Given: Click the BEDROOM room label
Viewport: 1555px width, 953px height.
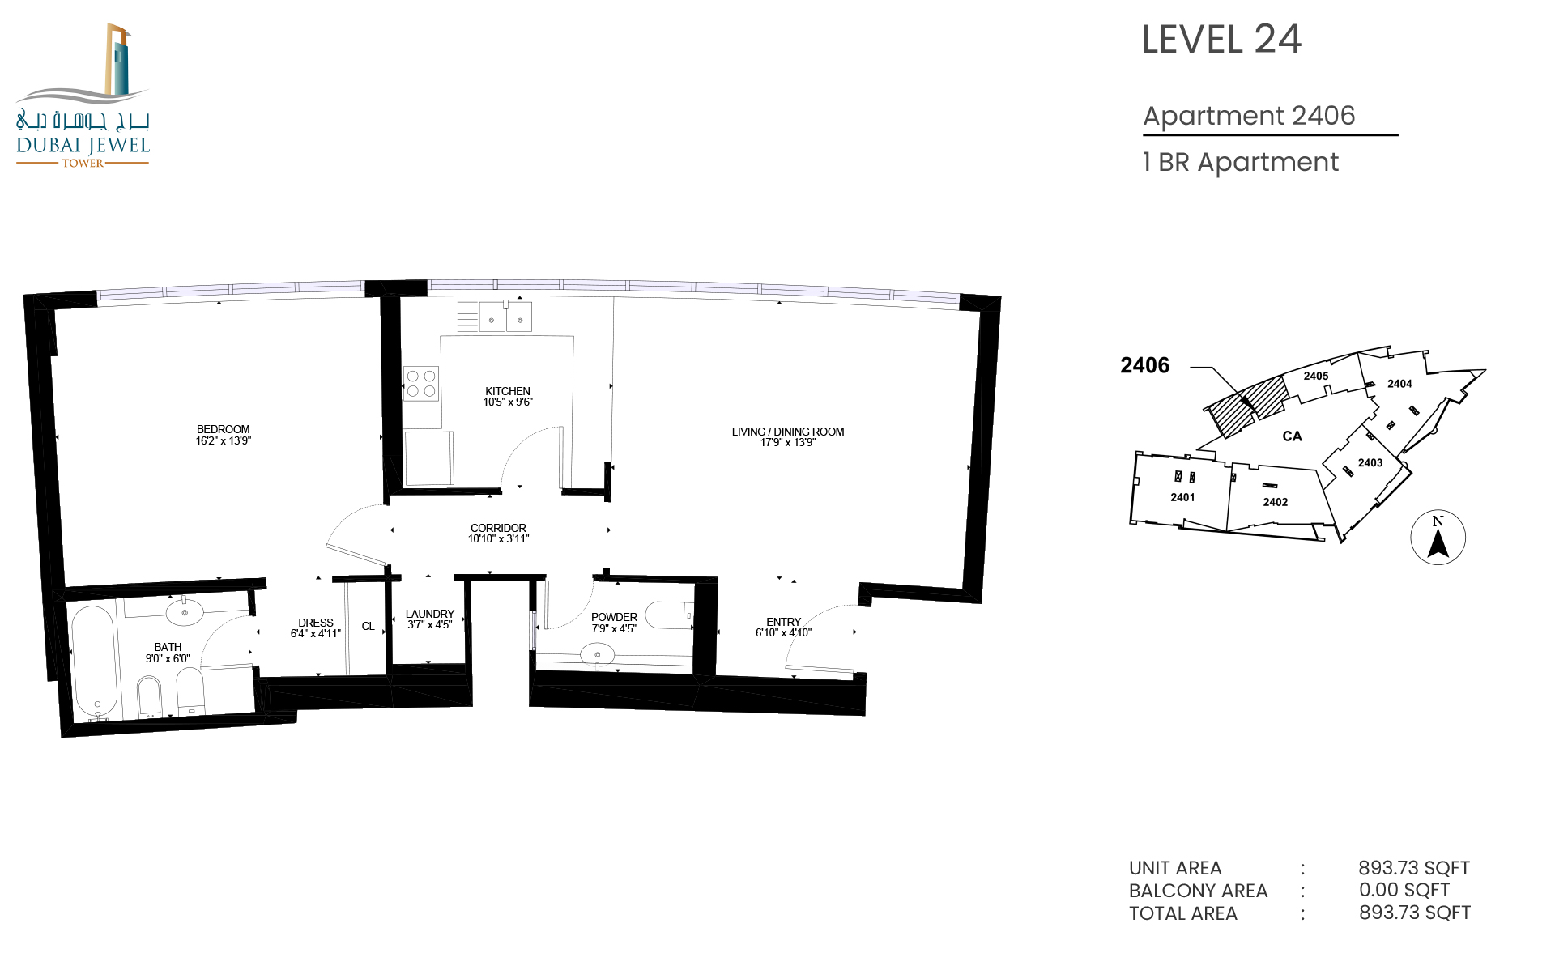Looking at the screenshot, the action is (x=223, y=429).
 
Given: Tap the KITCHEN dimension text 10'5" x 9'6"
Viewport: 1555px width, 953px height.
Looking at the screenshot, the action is (x=508, y=402).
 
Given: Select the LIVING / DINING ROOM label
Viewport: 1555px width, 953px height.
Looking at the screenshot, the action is (x=787, y=432).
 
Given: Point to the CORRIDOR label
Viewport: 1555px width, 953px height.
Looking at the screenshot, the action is (x=498, y=528).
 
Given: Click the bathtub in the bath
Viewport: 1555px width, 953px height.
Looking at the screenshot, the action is (x=93, y=662).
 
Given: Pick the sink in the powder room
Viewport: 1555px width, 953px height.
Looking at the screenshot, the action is (x=598, y=654).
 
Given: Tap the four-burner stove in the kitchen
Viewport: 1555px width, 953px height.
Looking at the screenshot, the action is (x=421, y=384).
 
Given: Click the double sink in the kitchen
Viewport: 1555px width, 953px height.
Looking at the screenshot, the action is (x=505, y=317).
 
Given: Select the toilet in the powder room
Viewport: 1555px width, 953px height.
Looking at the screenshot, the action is (x=670, y=615).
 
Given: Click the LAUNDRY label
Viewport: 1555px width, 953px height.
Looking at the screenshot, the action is (x=430, y=614).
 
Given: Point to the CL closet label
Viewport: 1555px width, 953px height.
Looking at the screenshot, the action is (x=368, y=626).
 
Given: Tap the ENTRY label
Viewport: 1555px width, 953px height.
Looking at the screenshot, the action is (x=783, y=622).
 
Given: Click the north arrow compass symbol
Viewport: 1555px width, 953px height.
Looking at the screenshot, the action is (x=1438, y=537).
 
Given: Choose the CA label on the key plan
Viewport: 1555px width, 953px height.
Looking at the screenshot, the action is (x=1292, y=436).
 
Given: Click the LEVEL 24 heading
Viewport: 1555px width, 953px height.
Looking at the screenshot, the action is (x=1221, y=40).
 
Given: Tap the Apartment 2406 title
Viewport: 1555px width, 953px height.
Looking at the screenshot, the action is (x=1249, y=116).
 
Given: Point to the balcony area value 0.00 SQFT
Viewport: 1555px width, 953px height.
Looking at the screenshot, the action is (x=1404, y=890).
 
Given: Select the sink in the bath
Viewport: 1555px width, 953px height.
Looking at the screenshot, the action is (x=185, y=613).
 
